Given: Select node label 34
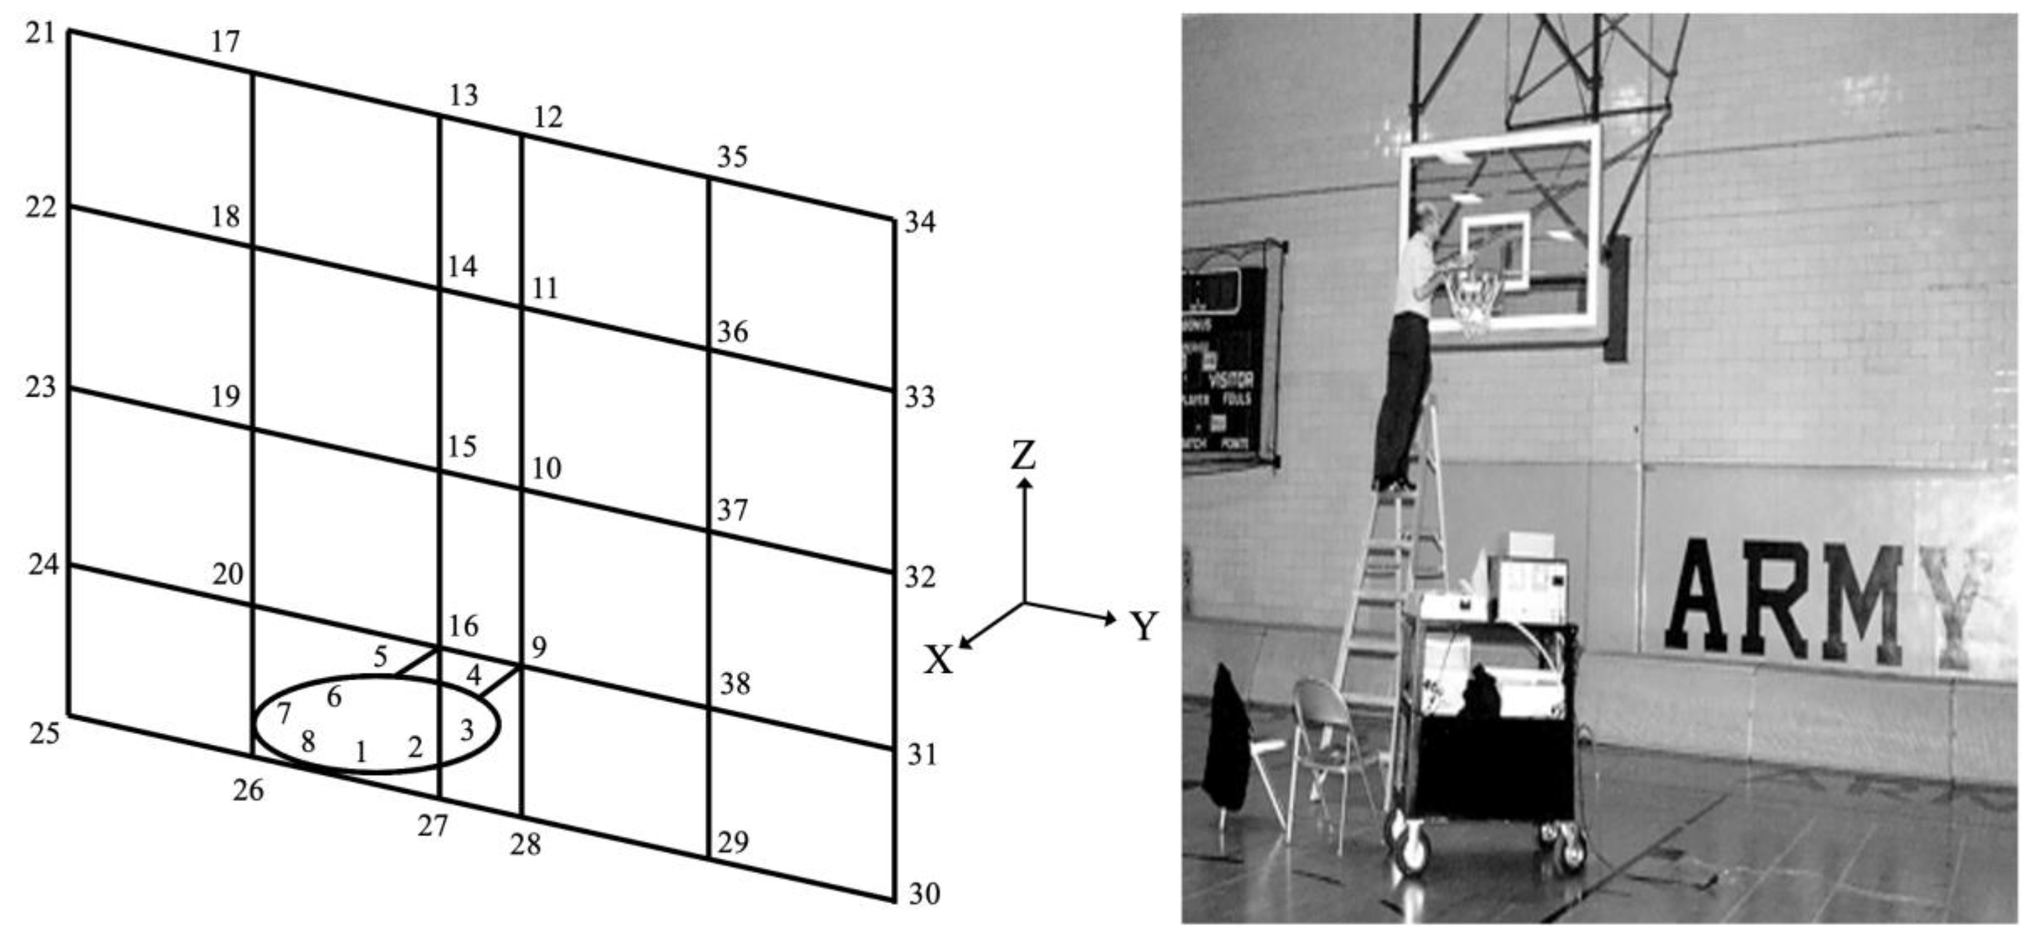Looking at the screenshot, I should click(x=919, y=223).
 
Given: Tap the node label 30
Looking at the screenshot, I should click(x=924, y=895).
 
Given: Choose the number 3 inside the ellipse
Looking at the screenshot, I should click(x=467, y=730).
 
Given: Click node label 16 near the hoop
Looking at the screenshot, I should click(x=464, y=626).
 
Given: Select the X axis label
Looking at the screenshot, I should click(x=938, y=660).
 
